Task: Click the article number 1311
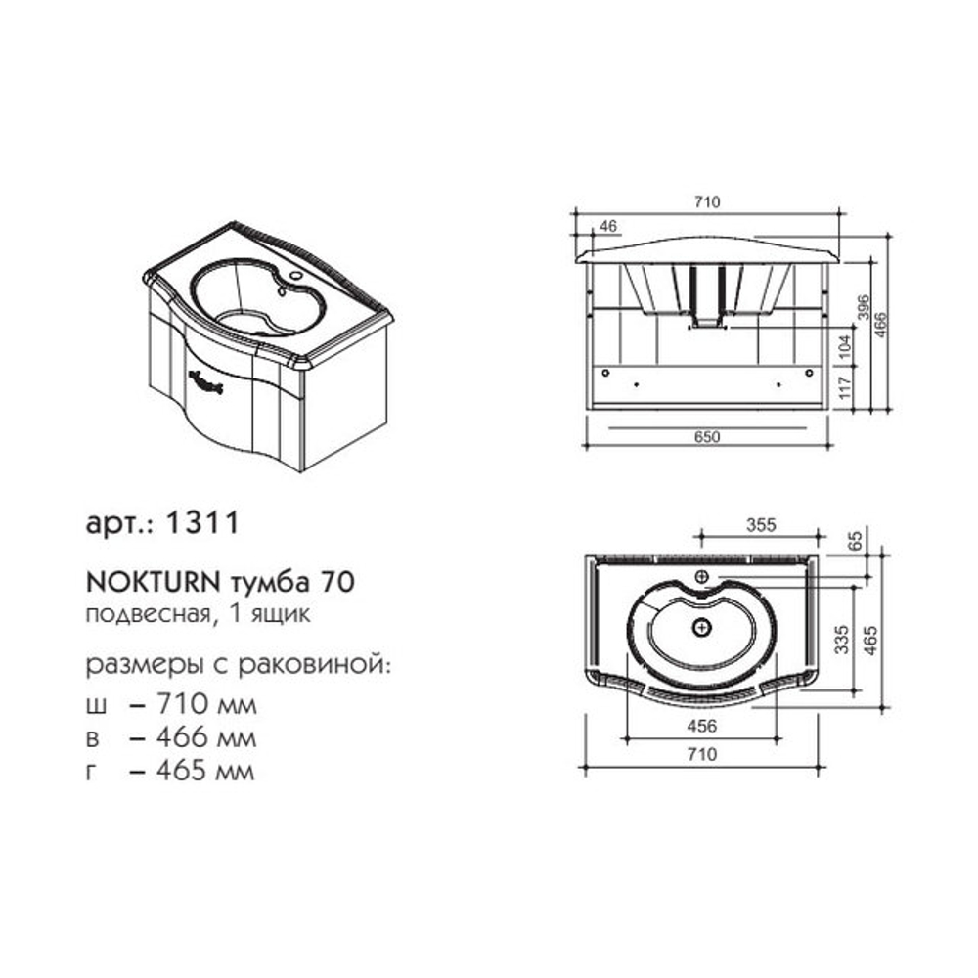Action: pyautogui.click(x=201, y=522)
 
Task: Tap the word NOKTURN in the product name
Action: pyautogui.click(x=153, y=583)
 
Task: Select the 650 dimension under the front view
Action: pyautogui.click(x=707, y=436)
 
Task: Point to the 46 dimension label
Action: pyautogui.click(x=607, y=226)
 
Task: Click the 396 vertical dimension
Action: pyautogui.click(x=864, y=307)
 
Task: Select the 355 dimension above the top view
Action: pyautogui.click(x=761, y=525)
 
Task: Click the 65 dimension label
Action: pyautogui.click(x=856, y=540)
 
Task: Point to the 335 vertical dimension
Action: pyautogui.click(x=841, y=640)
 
